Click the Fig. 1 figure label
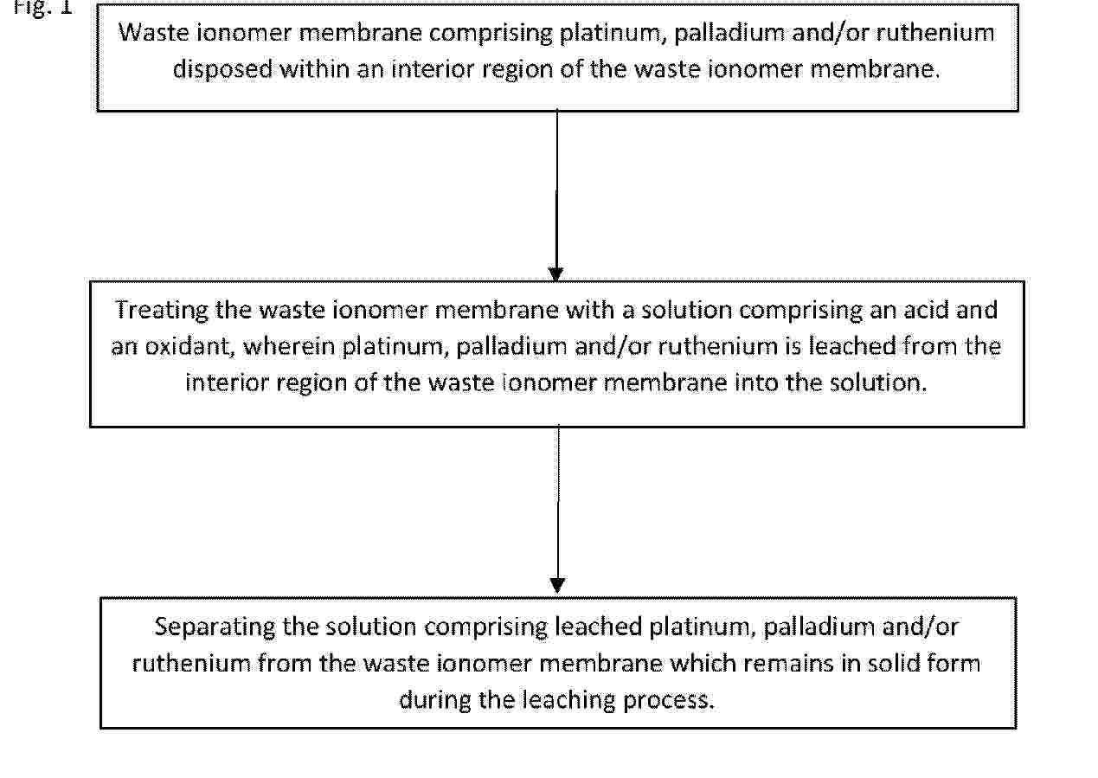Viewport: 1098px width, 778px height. click(x=42, y=8)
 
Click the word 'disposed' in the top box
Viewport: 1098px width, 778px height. click(x=222, y=69)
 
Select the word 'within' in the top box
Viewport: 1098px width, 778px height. click(x=314, y=68)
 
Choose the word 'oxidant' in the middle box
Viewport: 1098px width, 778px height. click(x=188, y=347)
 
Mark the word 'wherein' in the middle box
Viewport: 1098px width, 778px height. click(x=289, y=346)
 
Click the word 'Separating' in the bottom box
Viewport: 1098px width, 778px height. click(x=215, y=627)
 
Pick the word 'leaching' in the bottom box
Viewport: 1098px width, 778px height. click(x=568, y=700)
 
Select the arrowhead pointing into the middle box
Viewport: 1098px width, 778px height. click(x=555, y=274)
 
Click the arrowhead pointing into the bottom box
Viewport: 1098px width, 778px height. click(x=558, y=585)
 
